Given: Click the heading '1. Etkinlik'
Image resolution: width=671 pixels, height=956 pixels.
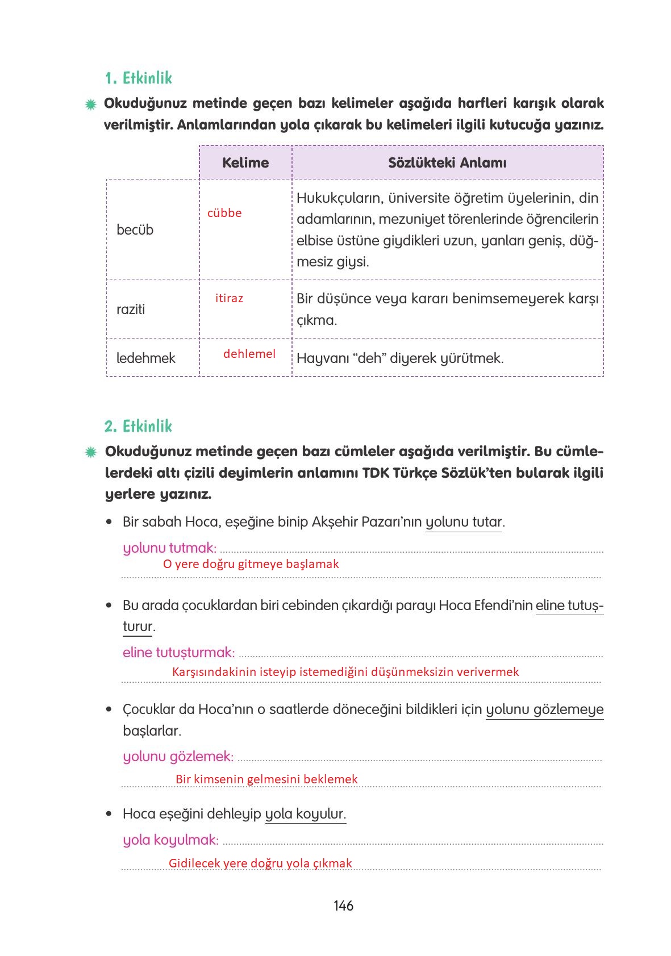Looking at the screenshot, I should (138, 78).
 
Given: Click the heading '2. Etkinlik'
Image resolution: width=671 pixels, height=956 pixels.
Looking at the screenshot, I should (138, 427).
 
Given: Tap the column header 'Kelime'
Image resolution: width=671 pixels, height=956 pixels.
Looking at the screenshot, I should (245, 163).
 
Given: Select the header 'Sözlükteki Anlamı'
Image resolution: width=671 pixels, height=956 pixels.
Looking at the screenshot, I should (447, 163).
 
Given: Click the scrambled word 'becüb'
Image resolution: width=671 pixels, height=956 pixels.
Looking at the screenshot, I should (135, 230).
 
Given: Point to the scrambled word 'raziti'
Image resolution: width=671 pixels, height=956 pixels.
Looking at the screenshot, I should (131, 310).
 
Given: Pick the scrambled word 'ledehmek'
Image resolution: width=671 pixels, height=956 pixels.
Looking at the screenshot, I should (145, 358).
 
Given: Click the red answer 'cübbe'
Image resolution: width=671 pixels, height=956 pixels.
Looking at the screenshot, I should (224, 214).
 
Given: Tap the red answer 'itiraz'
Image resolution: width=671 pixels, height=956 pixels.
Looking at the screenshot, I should (229, 299).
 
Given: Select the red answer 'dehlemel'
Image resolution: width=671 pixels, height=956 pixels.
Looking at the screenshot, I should (249, 354).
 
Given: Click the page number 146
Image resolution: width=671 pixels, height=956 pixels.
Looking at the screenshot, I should (343, 906).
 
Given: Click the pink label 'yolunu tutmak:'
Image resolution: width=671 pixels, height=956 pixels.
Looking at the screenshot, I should (169, 548).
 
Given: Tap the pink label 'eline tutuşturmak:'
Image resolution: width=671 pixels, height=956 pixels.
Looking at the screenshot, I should (178, 653).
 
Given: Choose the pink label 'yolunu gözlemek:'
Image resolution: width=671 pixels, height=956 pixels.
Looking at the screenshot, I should (178, 757).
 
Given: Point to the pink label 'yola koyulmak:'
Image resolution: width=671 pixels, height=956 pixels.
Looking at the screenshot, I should (170, 840).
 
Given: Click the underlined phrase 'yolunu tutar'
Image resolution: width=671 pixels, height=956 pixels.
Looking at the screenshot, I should (464, 522).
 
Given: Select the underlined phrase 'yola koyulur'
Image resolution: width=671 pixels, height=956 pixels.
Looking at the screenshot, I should (305, 814).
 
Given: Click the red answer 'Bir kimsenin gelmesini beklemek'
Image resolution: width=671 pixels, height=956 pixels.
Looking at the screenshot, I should (266, 779).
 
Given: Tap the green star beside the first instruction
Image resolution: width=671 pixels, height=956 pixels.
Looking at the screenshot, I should (90, 105).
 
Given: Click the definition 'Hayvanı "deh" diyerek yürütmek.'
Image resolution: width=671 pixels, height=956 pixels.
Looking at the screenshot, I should (400, 358).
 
